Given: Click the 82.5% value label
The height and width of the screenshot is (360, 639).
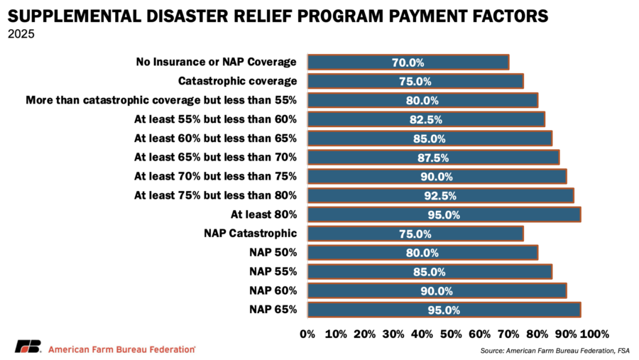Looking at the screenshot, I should coord(426,119).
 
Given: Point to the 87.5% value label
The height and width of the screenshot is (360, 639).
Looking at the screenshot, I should coord(433,158).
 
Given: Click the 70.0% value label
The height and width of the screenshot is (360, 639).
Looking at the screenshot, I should coord(408,62).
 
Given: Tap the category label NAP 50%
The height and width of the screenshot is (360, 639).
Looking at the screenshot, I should coord(273,252).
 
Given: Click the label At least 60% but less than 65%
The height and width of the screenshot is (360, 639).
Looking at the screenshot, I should coord(215,138).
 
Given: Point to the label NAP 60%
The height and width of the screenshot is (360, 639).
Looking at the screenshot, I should coord(273,290).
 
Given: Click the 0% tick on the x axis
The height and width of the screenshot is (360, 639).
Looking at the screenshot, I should coord(307,334).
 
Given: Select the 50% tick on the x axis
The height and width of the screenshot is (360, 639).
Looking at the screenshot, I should coord(451,334).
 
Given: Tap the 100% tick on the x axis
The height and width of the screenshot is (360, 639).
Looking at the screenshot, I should coord(595,334).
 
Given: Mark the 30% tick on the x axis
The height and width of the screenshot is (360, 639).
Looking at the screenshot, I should coord(393,334).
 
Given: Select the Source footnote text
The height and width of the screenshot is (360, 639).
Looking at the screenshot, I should coord(555,351).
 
